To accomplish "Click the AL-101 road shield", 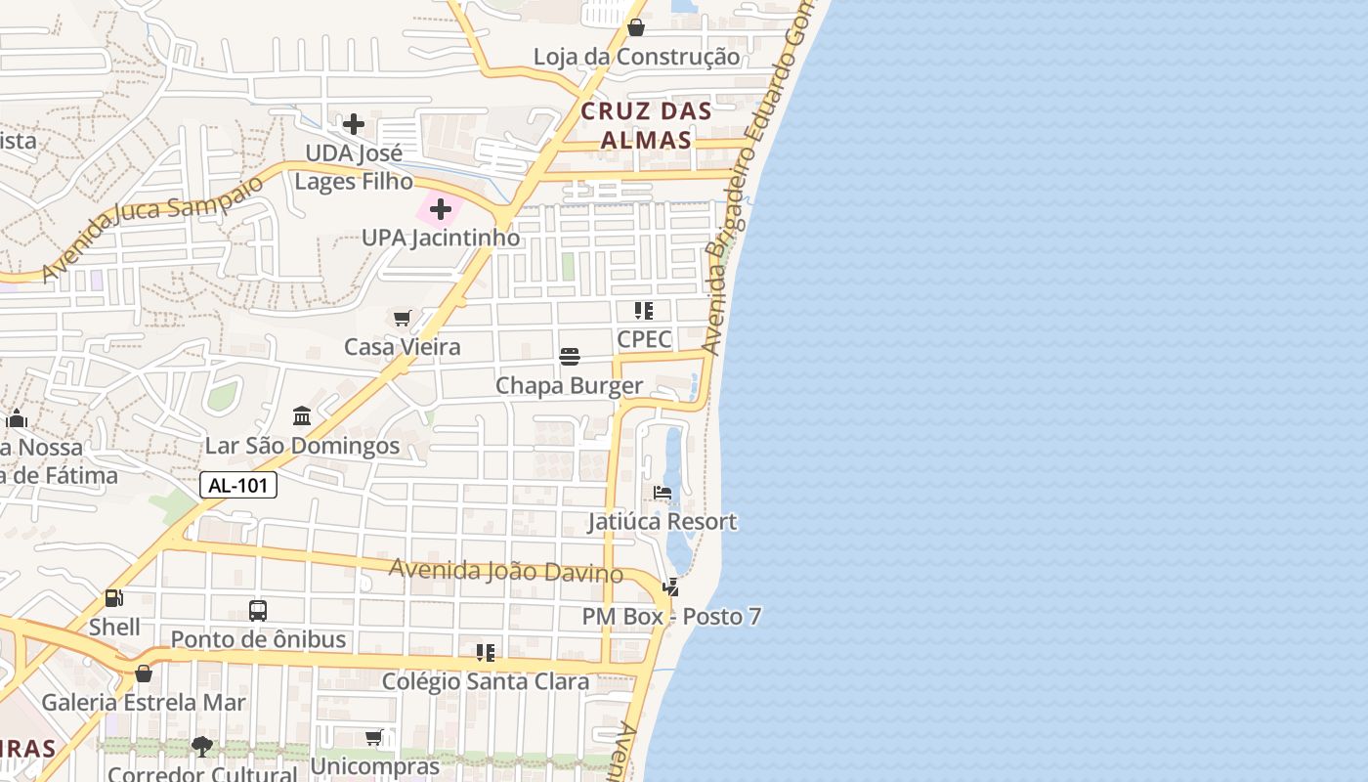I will pos(238,485).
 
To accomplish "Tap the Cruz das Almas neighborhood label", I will pos(646,125).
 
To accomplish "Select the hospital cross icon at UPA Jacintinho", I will pos(441,208).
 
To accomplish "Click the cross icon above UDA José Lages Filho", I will pos(354,124).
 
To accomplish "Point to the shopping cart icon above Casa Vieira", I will pos(402,318).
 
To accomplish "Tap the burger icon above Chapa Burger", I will pos(570,357).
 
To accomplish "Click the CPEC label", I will pos(644,339).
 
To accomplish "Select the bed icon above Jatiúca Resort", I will pos(663,493).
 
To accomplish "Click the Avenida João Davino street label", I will pos(506,571).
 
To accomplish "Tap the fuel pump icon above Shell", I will pos(114,597).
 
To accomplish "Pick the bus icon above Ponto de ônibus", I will pos(258,611).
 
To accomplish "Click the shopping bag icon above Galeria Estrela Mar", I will pos(144,673).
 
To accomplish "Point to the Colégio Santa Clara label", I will pos(486,681).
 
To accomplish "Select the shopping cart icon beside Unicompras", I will pos(374,737).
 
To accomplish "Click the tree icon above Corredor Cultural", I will pos(202,747).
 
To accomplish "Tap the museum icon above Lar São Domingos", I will pos(302,416).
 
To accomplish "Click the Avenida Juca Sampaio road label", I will pos(151,228).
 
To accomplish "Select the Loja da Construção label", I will pos(636,57).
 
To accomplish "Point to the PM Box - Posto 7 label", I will pos(671,617).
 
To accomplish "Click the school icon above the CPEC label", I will pos(644,311).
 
